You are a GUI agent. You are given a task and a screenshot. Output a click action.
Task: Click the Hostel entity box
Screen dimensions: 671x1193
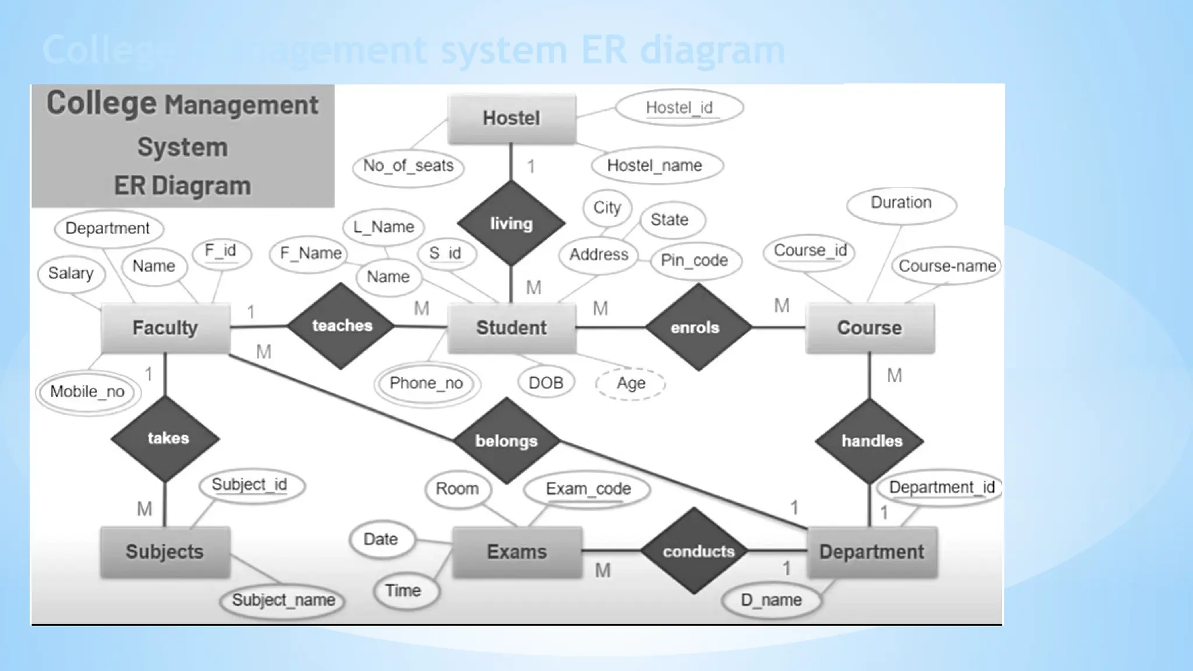(x=511, y=118)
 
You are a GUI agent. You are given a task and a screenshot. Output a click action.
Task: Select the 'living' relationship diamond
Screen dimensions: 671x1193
(x=511, y=223)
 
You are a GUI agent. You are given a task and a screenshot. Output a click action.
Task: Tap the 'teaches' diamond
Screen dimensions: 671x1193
(x=341, y=326)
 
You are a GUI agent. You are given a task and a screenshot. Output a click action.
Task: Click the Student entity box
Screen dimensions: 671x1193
(x=511, y=328)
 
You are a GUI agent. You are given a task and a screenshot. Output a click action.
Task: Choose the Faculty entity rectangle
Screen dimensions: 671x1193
(x=165, y=328)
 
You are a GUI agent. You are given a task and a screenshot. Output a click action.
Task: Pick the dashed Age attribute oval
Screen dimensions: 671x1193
(x=630, y=383)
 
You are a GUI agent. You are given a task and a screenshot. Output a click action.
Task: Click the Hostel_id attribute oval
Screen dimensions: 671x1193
(x=679, y=108)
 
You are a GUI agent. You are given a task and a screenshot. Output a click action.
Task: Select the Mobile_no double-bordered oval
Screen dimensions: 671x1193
(x=88, y=392)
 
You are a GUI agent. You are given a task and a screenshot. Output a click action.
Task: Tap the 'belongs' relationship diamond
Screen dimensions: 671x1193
(x=506, y=441)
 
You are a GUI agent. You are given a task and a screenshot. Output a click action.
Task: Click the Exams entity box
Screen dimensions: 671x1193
(x=517, y=552)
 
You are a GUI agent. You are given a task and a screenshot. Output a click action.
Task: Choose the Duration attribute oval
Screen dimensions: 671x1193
(x=901, y=203)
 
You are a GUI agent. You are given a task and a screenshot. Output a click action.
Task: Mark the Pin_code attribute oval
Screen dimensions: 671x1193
(x=694, y=260)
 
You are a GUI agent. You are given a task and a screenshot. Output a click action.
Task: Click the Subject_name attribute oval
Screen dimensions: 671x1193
(x=283, y=600)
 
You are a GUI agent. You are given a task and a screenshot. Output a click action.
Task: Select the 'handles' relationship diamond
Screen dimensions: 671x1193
(x=870, y=441)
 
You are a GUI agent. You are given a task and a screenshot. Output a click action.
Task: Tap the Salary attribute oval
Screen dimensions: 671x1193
(x=71, y=273)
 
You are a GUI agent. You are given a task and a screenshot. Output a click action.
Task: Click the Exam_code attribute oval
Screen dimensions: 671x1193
(x=587, y=489)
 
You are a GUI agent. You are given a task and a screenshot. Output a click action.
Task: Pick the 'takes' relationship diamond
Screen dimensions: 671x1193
(x=166, y=438)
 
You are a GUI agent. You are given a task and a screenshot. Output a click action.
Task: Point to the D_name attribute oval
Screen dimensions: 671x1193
(x=771, y=600)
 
